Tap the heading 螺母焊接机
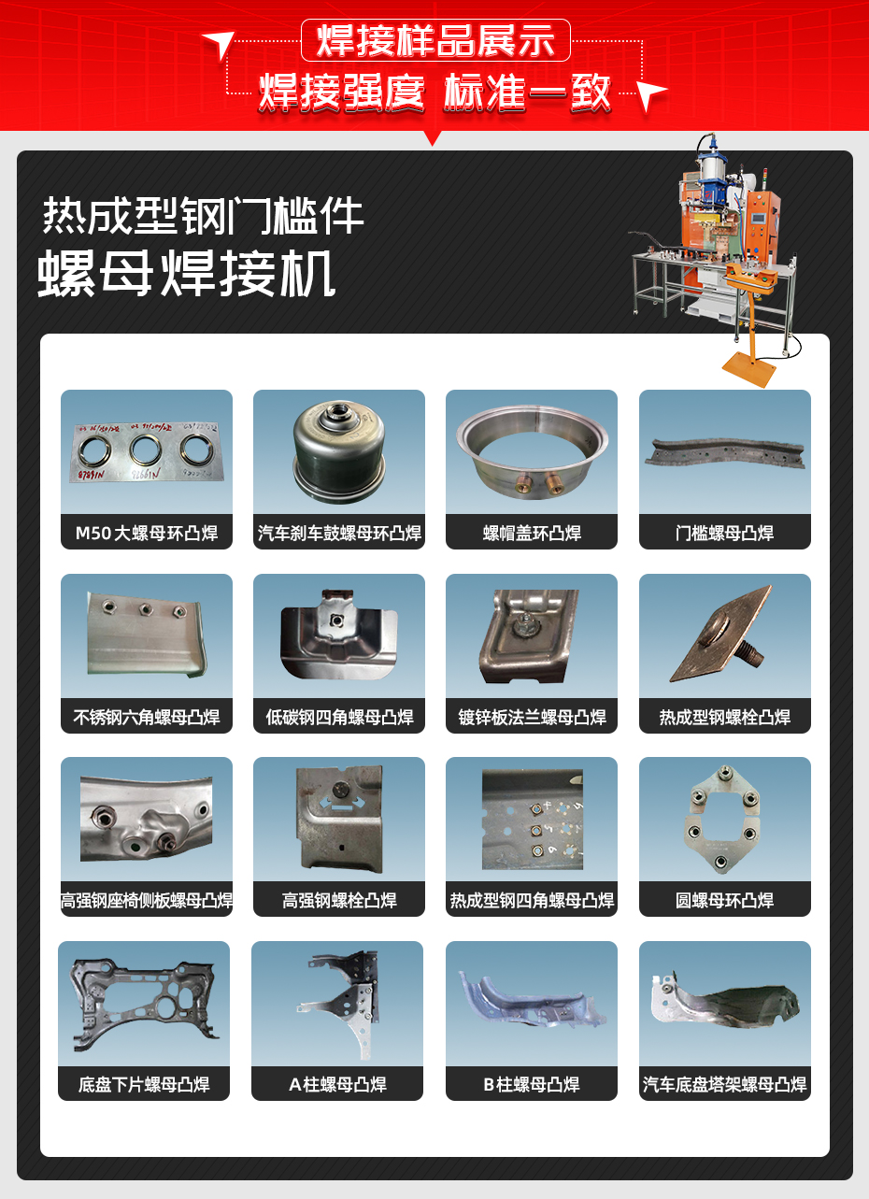tap(187, 274)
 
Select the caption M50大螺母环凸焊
tap(147, 534)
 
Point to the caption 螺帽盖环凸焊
tap(532, 534)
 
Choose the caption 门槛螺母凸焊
tap(724, 534)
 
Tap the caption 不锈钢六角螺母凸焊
tap(147, 718)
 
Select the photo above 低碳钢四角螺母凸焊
tap(338, 635)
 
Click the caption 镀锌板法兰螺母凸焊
tap(532, 718)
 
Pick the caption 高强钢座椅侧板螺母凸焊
tap(147, 901)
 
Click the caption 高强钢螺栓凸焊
tap(338, 901)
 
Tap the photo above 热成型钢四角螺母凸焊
tap(532, 818)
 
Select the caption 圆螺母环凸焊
tap(724, 901)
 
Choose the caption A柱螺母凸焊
tap(337, 1085)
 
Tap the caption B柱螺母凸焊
tap(532, 1085)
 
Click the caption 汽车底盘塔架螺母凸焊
tap(724, 1085)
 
